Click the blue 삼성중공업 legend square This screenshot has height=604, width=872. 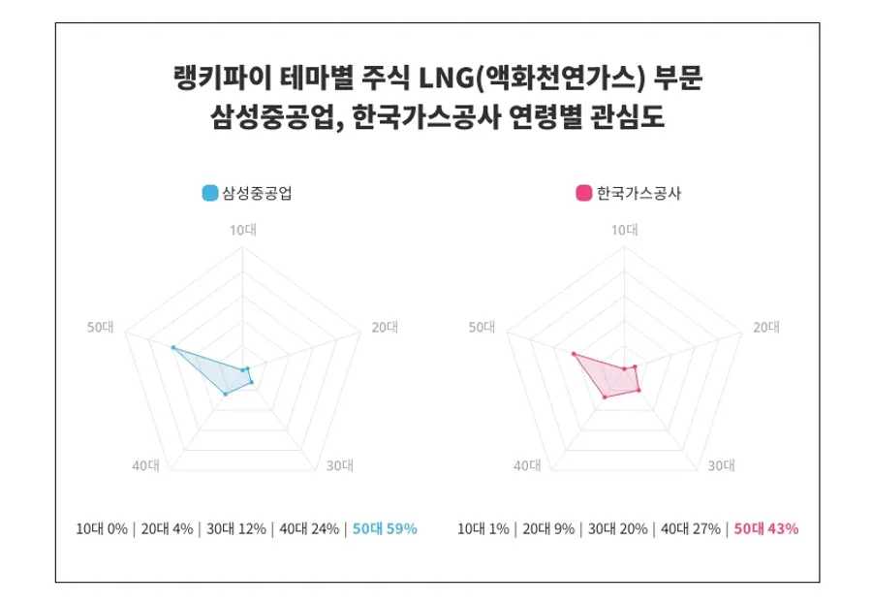(x=210, y=193)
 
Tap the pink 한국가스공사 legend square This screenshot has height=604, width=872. (x=583, y=193)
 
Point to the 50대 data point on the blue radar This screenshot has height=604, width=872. (x=173, y=347)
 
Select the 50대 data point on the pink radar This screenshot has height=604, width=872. (x=574, y=354)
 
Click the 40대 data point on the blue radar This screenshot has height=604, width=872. (x=226, y=394)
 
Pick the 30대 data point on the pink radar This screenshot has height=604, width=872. (x=639, y=390)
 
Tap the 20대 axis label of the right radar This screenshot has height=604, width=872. (x=766, y=327)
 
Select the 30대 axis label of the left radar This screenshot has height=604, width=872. (x=339, y=465)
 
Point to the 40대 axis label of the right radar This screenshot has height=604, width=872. (x=527, y=465)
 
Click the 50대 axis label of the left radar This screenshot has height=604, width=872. (x=101, y=327)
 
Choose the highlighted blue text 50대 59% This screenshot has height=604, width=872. (x=385, y=528)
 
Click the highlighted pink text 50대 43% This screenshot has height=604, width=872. (x=765, y=528)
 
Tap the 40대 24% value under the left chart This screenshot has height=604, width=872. (x=309, y=528)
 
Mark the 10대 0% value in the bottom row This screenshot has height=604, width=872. (x=102, y=528)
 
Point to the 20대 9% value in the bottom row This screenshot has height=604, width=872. (x=548, y=528)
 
